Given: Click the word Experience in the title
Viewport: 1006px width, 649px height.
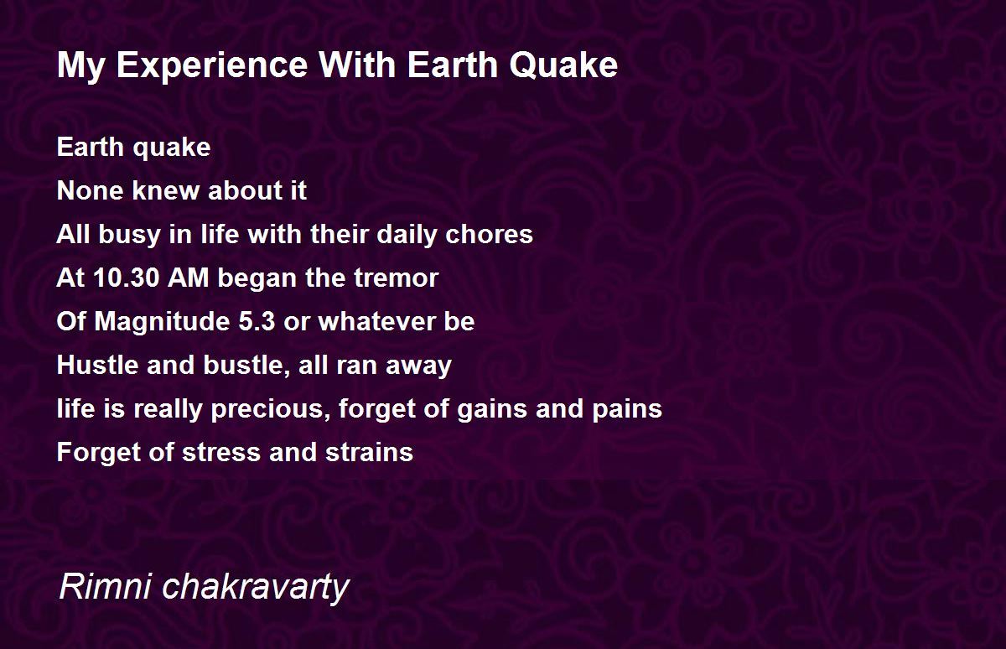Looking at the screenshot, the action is pyautogui.click(x=212, y=67).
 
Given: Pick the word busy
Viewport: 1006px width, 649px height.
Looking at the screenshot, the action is pyautogui.click(x=129, y=235).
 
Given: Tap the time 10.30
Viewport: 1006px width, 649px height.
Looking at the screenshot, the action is pyautogui.click(x=127, y=278).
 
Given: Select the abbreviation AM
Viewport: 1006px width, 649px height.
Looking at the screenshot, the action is pyautogui.click(x=188, y=278).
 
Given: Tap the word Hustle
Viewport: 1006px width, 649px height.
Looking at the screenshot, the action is pyautogui.click(x=97, y=365).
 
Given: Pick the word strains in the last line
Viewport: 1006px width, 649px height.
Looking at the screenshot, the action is pyautogui.click(x=369, y=452).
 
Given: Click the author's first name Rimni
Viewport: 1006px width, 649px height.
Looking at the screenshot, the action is pyautogui.click(x=105, y=586).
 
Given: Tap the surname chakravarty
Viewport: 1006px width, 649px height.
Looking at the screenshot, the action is pyautogui.click(x=256, y=588).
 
